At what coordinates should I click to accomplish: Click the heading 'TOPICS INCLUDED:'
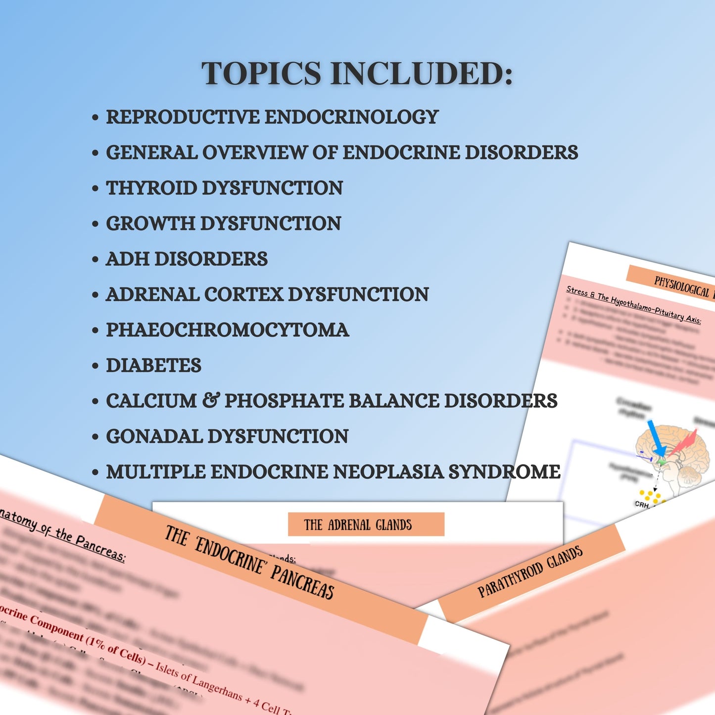click(x=357, y=74)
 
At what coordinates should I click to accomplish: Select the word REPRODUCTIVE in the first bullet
click(x=183, y=117)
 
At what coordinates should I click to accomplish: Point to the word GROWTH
click(x=150, y=224)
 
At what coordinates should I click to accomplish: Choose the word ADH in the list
click(x=128, y=259)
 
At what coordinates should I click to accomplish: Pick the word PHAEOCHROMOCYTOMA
click(x=228, y=331)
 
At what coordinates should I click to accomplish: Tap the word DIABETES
click(x=153, y=366)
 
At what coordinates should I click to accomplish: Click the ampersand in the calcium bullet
click(x=211, y=400)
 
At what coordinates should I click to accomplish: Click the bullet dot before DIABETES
click(x=95, y=366)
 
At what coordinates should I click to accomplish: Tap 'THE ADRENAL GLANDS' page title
click(x=358, y=525)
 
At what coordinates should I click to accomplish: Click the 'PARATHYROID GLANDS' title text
click(x=530, y=572)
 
